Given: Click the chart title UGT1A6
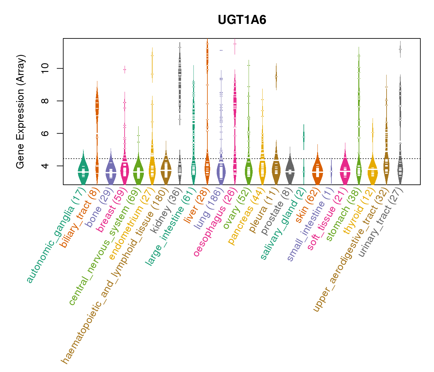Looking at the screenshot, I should [x=242, y=20].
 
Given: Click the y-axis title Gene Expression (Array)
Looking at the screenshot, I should [x=20, y=112].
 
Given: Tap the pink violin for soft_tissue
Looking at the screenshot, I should [x=345, y=170].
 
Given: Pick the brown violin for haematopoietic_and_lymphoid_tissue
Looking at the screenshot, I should [x=166, y=170].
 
